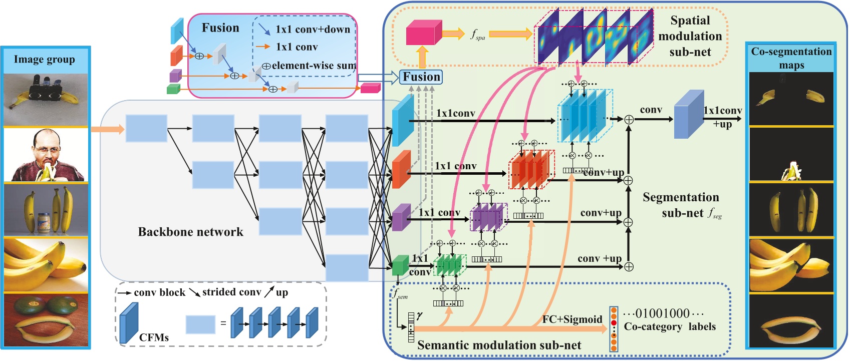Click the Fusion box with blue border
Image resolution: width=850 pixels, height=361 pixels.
(x=421, y=77)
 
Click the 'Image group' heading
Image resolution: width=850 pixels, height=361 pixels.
(x=44, y=59)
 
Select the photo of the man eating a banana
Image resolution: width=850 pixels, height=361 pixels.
(x=46, y=155)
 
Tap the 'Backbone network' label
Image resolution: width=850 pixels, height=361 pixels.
(x=190, y=232)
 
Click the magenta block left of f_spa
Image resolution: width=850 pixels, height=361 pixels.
(x=423, y=33)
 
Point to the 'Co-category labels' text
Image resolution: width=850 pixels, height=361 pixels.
(x=669, y=326)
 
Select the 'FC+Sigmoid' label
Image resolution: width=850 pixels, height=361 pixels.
(x=572, y=319)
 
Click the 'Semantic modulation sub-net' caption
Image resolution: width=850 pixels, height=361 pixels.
(x=499, y=345)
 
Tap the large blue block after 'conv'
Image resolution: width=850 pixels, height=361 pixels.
(x=689, y=114)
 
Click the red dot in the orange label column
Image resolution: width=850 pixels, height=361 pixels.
(x=614, y=323)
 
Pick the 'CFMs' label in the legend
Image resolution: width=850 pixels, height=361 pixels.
(x=154, y=337)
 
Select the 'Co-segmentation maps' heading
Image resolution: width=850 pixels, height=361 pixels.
(x=791, y=58)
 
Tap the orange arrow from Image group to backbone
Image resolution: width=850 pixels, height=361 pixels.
(x=107, y=129)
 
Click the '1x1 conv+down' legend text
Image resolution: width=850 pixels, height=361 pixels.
(x=313, y=29)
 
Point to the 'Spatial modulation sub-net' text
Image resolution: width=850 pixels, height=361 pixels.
(x=690, y=36)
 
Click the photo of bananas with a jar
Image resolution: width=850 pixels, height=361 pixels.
(x=46, y=209)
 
